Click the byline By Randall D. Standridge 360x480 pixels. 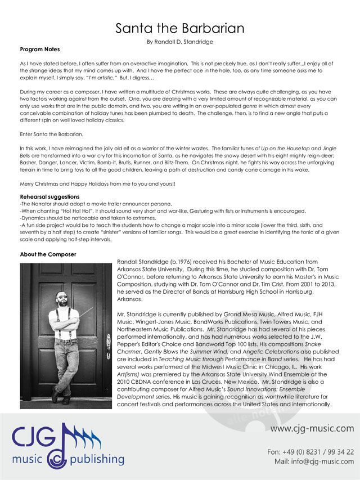coord(180,42)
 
